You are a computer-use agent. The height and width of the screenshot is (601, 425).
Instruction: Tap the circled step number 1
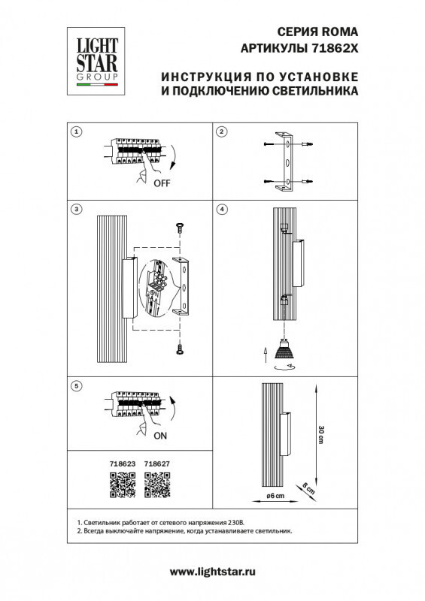click(76, 132)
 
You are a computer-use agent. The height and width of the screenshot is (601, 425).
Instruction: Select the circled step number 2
click(222, 132)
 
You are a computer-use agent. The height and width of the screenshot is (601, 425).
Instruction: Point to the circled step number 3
click(76, 208)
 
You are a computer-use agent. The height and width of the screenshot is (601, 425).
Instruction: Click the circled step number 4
click(222, 208)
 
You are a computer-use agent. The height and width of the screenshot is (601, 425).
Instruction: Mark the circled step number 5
click(76, 386)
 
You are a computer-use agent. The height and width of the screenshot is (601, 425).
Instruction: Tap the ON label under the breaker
click(160, 436)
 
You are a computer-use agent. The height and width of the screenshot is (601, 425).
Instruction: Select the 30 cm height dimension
click(321, 433)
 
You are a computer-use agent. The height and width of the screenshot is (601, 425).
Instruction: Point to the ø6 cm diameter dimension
click(276, 497)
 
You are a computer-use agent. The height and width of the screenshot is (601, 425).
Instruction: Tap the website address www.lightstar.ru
click(213, 572)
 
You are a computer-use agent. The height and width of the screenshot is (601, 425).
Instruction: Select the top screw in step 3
click(179, 226)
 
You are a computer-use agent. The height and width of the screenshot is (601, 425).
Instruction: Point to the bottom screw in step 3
click(179, 347)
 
